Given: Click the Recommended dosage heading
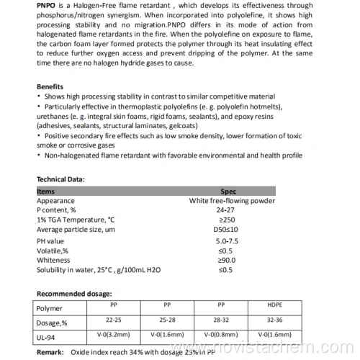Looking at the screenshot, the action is click(x=74, y=294).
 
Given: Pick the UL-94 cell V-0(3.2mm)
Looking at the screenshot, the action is click(x=113, y=335).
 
